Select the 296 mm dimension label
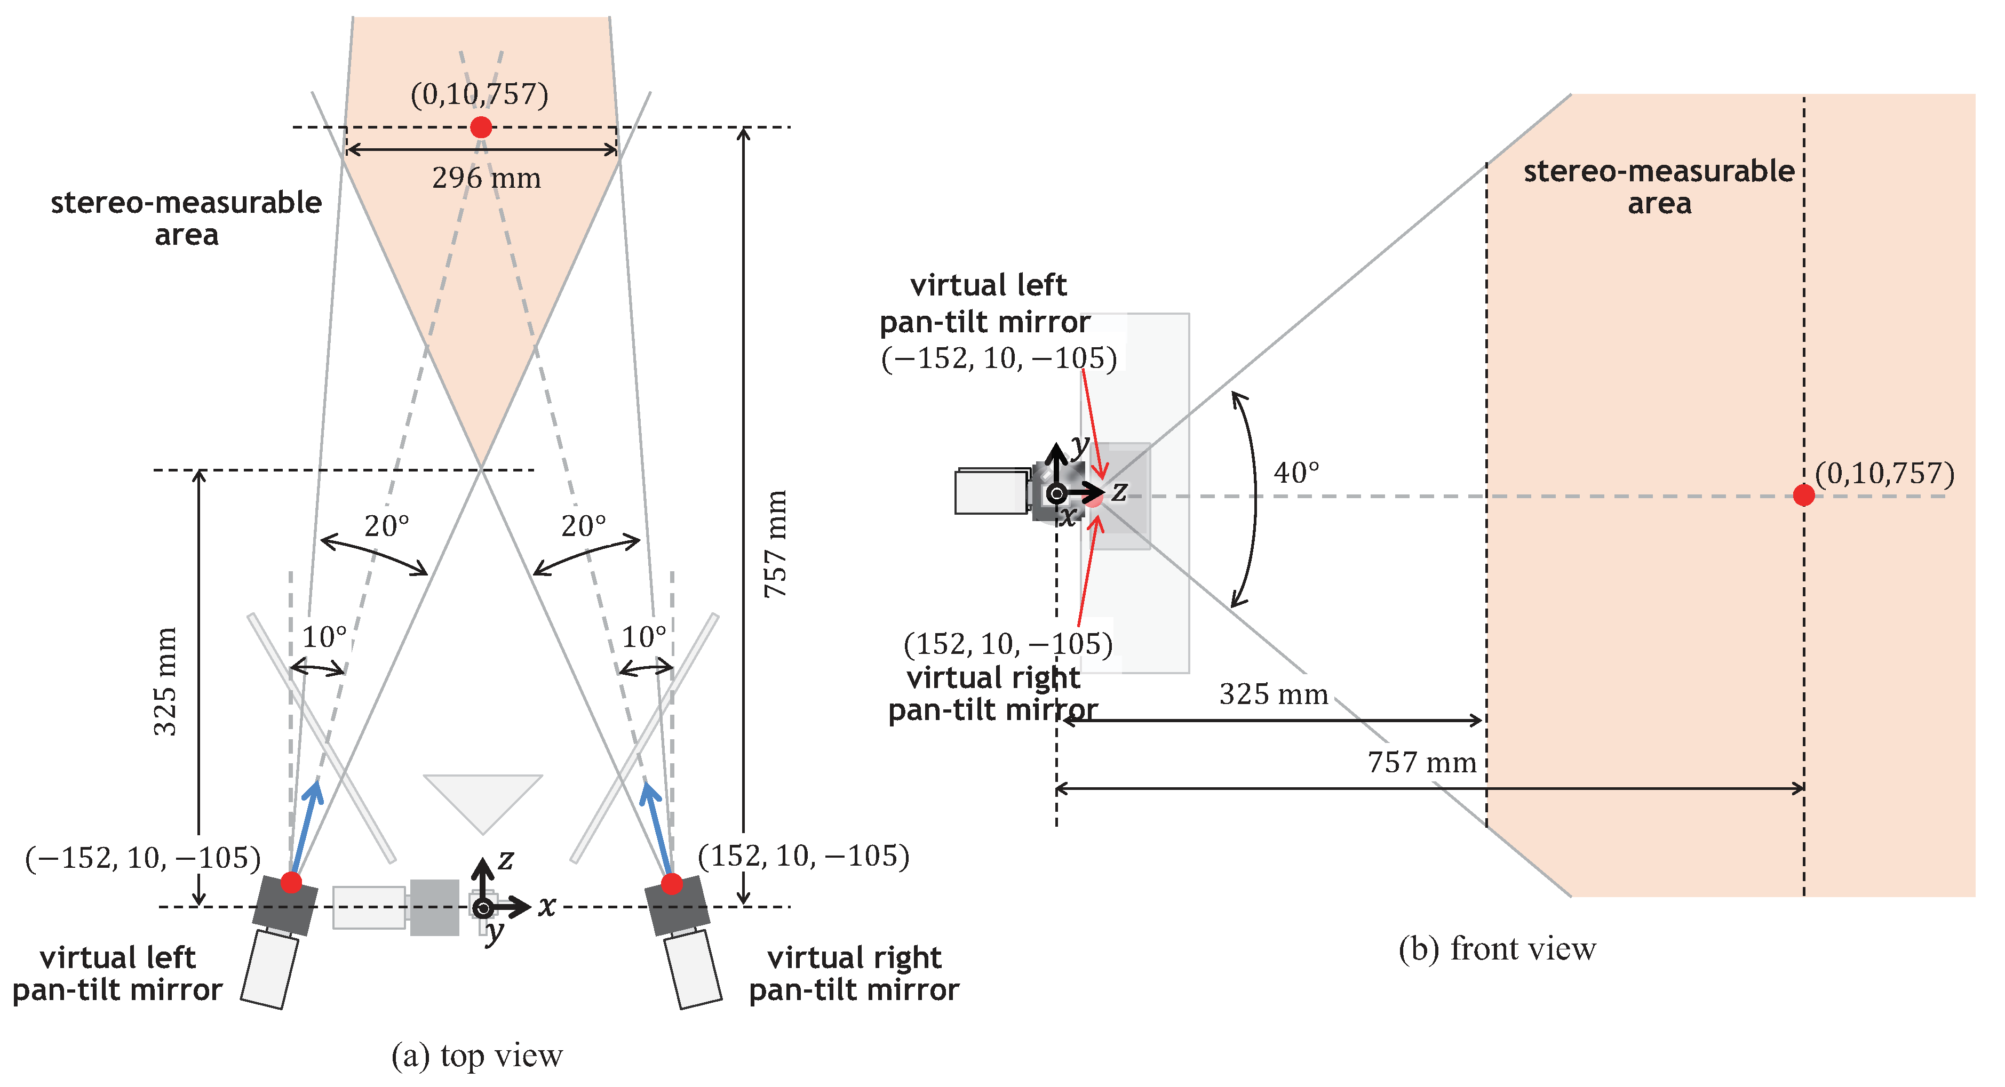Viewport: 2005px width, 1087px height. click(x=487, y=178)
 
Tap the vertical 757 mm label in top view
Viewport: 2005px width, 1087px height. click(x=775, y=544)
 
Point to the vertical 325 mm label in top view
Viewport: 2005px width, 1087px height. click(x=164, y=682)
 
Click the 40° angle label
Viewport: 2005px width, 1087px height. click(x=1296, y=473)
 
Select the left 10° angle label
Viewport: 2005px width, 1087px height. click(x=324, y=637)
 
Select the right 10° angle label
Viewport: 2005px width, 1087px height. click(x=643, y=637)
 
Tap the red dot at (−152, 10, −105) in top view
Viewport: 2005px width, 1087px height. click(x=291, y=882)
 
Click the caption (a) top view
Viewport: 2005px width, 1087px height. click(x=476, y=1056)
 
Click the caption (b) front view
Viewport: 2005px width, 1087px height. click(x=1497, y=949)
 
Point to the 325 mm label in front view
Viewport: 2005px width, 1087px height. click(x=1274, y=694)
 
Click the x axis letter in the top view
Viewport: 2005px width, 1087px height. click(x=547, y=907)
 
